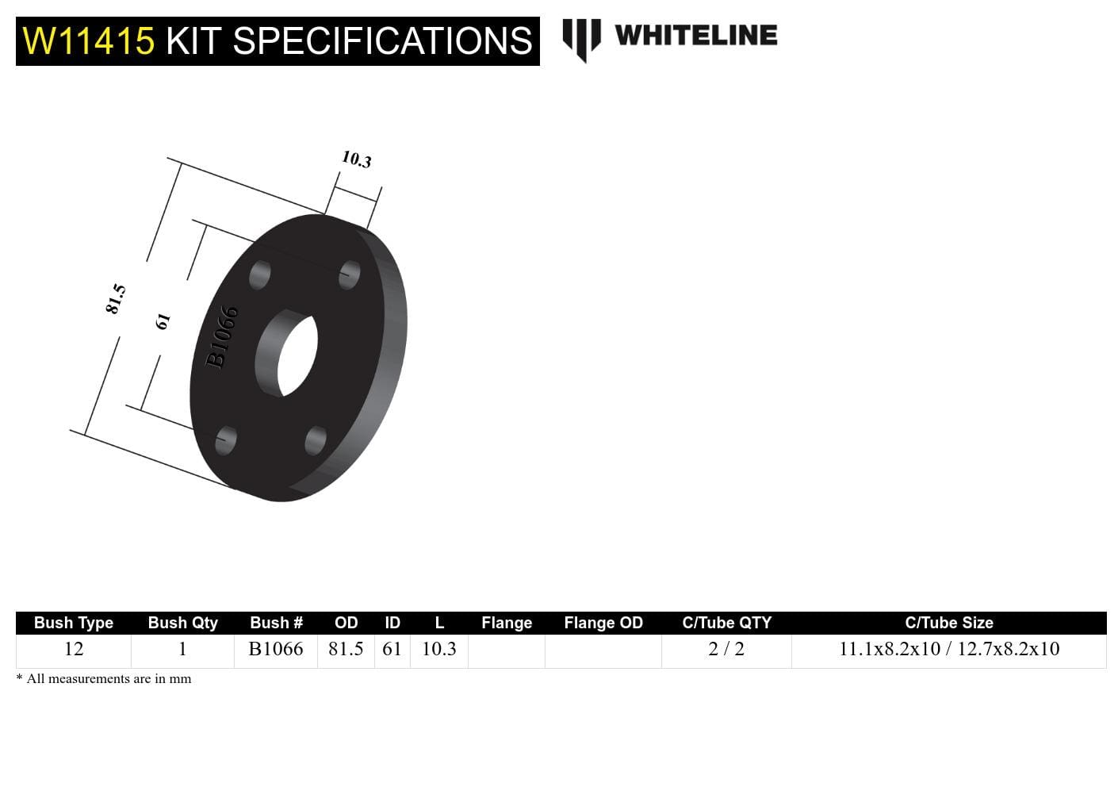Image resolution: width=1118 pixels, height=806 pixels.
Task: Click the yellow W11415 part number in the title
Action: tap(88, 41)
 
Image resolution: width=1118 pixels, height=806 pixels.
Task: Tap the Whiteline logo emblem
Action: tap(581, 39)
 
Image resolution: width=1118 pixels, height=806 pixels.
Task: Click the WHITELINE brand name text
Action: tap(695, 36)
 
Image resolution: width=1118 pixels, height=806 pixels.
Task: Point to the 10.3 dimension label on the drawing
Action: tap(356, 159)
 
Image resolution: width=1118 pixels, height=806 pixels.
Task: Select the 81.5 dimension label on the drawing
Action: tap(116, 298)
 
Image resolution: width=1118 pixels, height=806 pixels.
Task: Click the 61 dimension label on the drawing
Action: tap(163, 320)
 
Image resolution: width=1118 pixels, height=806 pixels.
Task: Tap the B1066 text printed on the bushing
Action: tap(222, 337)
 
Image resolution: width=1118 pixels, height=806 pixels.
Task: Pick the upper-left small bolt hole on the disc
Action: tap(259, 275)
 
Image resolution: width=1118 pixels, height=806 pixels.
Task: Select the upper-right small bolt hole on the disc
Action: tap(349, 274)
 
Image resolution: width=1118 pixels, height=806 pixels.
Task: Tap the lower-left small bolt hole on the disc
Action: tap(226, 439)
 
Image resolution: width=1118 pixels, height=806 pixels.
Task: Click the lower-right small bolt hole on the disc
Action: tap(316, 440)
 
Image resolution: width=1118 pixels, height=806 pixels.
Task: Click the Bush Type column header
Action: tap(74, 623)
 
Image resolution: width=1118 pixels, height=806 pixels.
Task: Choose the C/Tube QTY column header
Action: tap(726, 623)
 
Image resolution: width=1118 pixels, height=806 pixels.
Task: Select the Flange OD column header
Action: tap(603, 623)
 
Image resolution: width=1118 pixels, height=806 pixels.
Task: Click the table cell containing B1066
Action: tap(276, 649)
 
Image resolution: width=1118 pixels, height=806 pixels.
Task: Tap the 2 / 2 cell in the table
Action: tap(726, 649)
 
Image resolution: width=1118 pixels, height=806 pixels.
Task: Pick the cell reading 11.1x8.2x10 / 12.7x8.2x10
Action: tap(949, 649)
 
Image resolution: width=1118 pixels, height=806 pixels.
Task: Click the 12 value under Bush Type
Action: tap(74, 649)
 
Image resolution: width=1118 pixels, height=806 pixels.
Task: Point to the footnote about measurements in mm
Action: tap(104, 679)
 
